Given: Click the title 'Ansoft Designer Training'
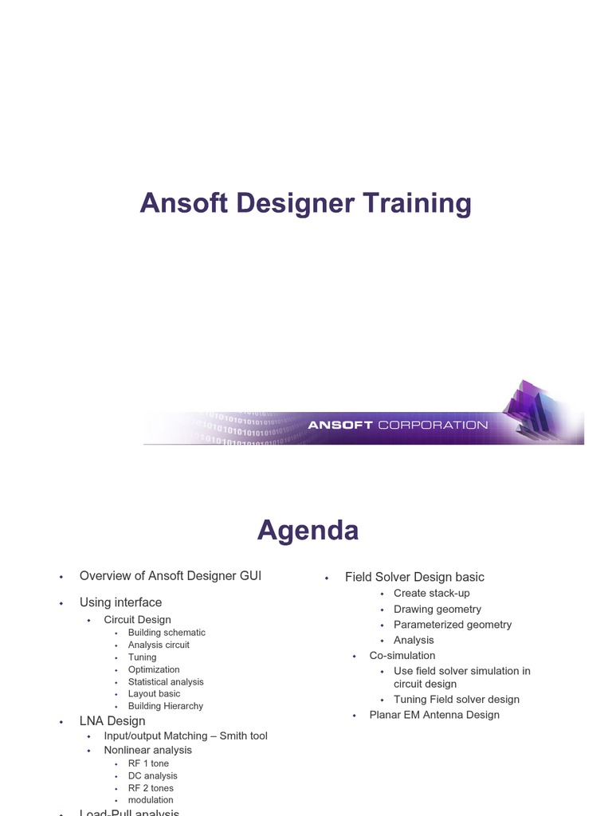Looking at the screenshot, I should click(x=305, y=203).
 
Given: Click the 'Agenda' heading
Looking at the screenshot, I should click(x=308, y=530).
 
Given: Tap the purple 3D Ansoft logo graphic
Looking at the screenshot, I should click(x=538, y=409).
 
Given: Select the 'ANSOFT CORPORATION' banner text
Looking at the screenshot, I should click(x=398, y=425).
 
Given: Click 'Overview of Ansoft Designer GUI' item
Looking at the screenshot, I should click(x=170, y=575).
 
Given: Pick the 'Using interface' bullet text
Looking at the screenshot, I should click(x=120, y=602).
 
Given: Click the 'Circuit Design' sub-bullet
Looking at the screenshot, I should click(x=137, y=619).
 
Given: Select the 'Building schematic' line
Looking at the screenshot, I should click(x=167, y=633).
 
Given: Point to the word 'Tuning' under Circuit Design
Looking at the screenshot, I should click(x=142, y=657).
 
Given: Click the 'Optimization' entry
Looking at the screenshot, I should click(x=154, y=669).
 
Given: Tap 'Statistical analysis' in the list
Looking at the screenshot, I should click(x=166, y=681).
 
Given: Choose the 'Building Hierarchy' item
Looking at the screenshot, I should click(x=166, y=706).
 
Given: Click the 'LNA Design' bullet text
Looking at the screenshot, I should click(x=112, y=721).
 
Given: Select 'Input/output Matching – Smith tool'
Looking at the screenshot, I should click(x=186, y=736).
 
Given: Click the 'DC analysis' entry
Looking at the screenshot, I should click(x=153, y=775).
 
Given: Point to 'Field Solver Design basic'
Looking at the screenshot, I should click(x=414, y=577).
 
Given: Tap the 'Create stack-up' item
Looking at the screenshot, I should click(x=432, y=593).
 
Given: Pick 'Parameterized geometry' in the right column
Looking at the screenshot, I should click(x=453, y=625).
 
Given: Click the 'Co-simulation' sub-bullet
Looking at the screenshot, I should click(x=402, y=655).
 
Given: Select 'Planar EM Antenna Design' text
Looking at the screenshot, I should click(x=434, y=715).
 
